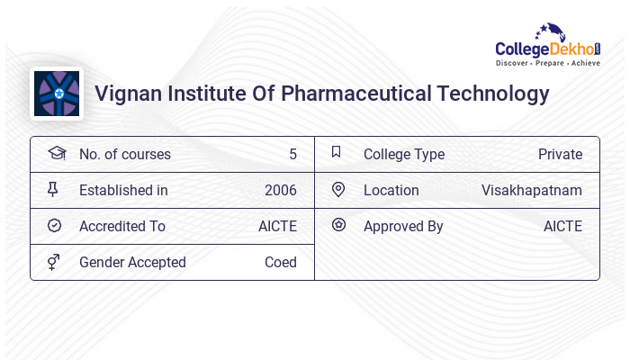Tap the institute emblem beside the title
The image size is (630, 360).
click(x=57, y=94)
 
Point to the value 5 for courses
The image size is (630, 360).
click(x=292, y=155)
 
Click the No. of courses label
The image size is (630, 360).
click(x=124, y=155)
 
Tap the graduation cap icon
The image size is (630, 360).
click(x=56, y=154)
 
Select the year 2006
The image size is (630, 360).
click(x=280, y=191)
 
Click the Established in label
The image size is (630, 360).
click(x=123, y=191)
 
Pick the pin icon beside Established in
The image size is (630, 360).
click(x=53, y=190)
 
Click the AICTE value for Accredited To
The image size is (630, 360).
click(x=277, y=227)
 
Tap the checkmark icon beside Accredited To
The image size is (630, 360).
click(x=54, y=226)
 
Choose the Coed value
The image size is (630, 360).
click(x=280, y=263)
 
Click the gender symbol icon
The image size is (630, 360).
click(x=54, y=262)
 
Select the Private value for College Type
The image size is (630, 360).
click(x=560, y=155)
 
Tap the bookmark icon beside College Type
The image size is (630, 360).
click(x=337, y=153)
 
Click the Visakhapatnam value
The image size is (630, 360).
click(x=531, y=191)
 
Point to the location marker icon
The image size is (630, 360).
click(x=338, y=190)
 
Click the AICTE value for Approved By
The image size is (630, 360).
click(x=562, y=227)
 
